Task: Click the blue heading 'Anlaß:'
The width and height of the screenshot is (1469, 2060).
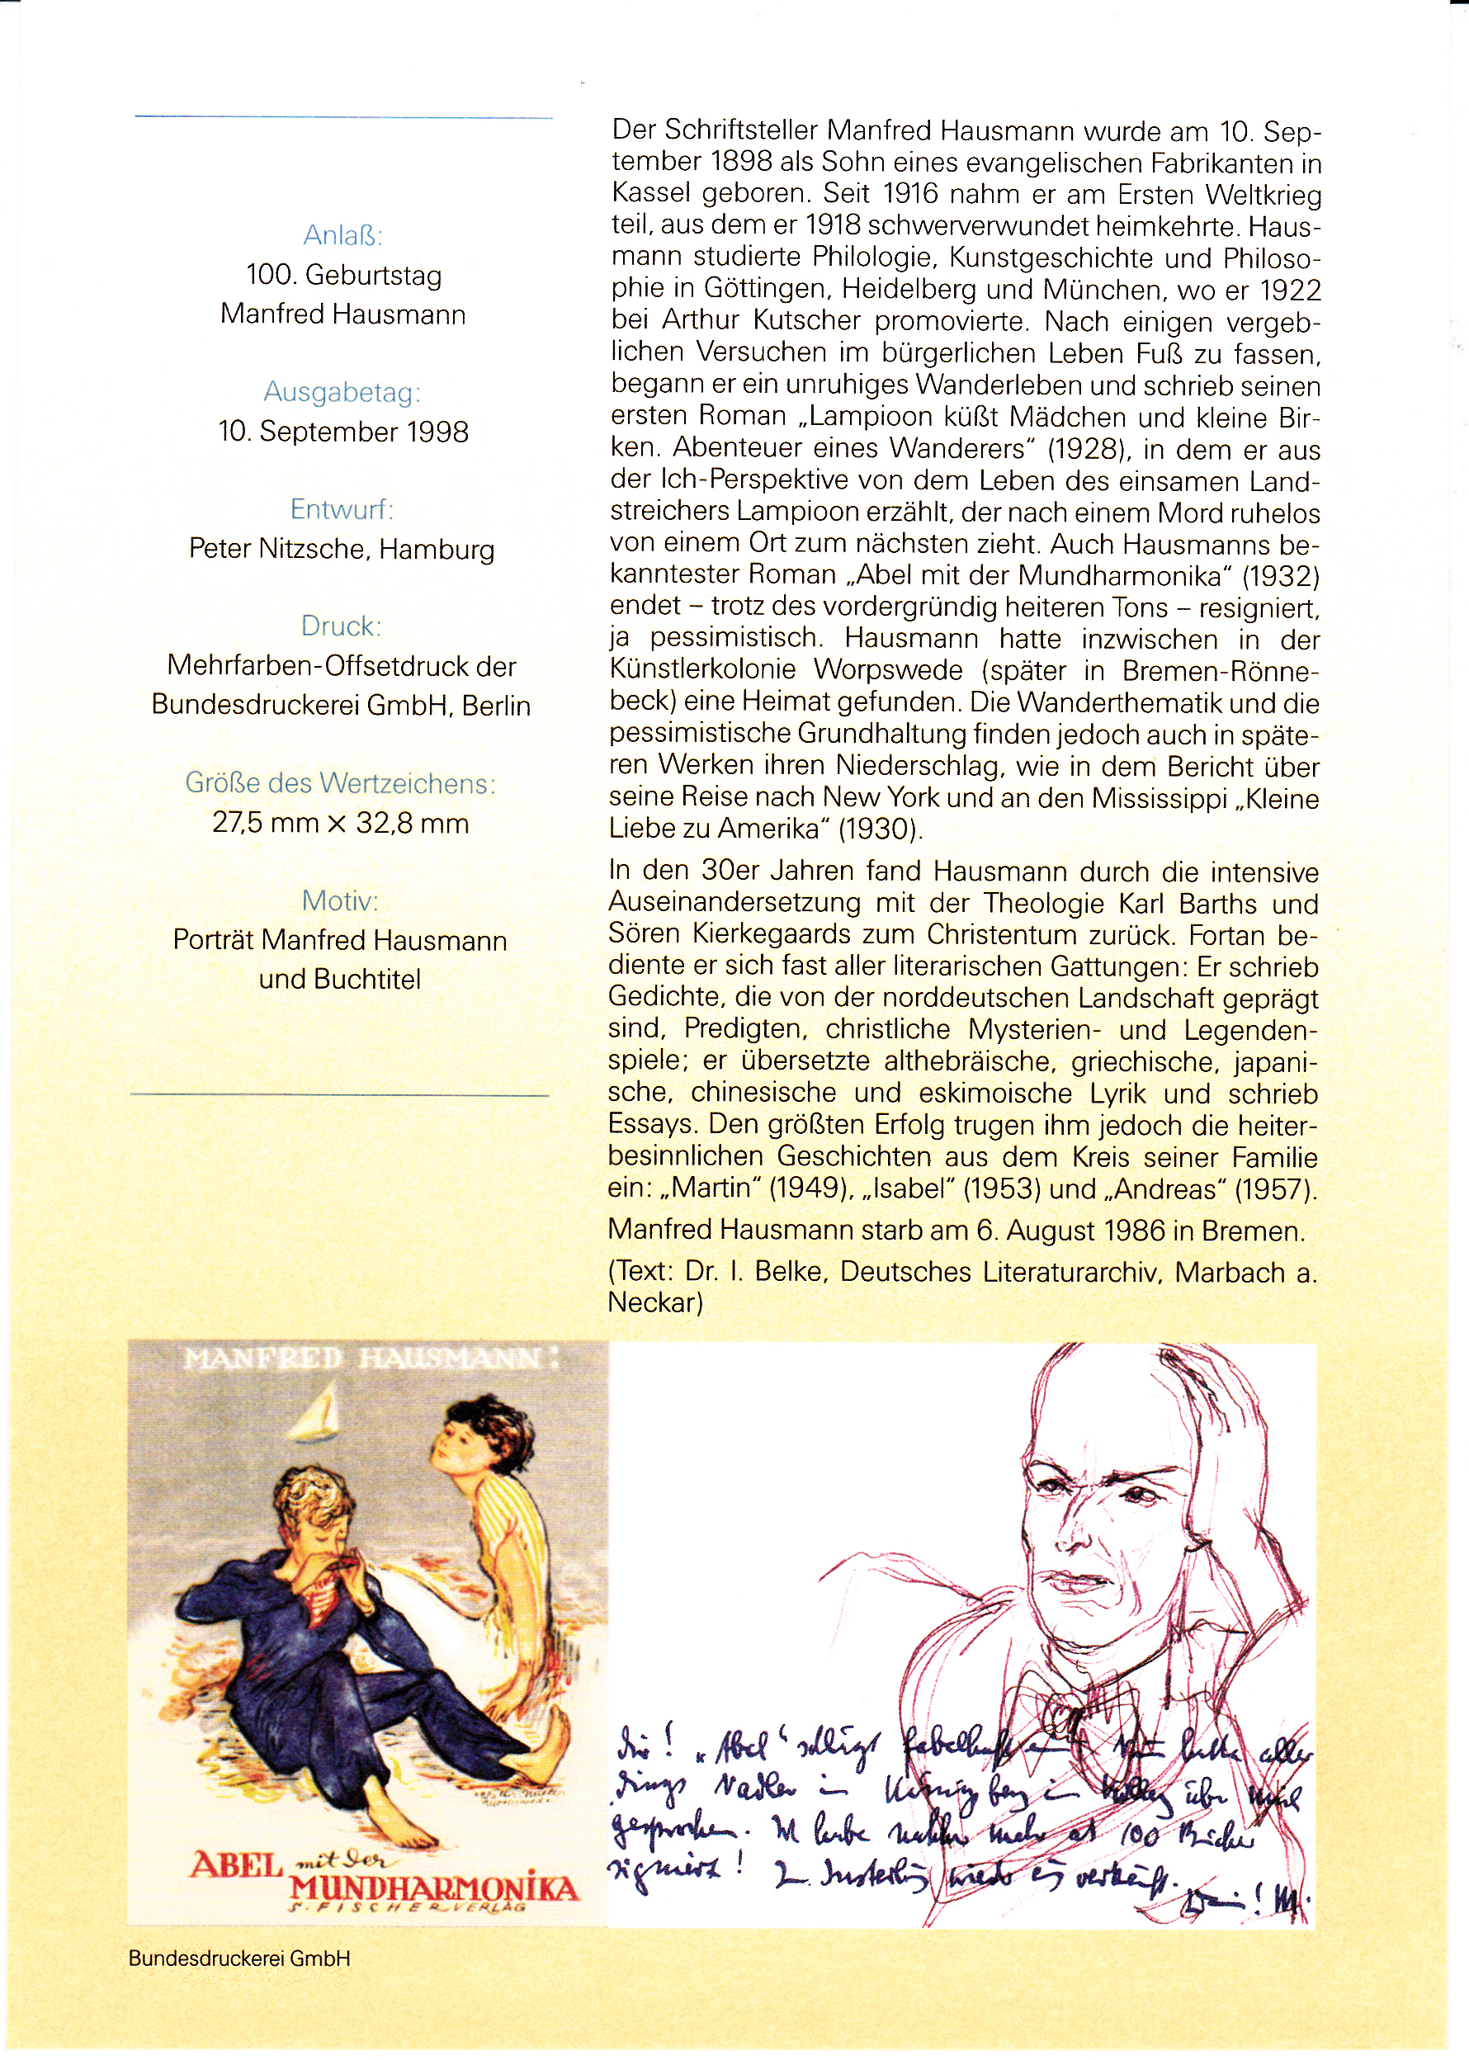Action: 342,235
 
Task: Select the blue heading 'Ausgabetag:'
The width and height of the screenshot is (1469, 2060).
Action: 342,392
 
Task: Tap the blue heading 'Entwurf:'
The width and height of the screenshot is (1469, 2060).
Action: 342,509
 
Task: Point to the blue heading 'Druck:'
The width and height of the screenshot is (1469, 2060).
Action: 341,626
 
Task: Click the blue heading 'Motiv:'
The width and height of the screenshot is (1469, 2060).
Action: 340,900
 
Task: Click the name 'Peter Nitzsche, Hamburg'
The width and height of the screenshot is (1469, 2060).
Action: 341,549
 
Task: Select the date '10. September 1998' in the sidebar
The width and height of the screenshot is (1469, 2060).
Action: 342,432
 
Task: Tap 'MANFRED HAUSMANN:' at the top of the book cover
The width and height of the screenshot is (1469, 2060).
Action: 371,1358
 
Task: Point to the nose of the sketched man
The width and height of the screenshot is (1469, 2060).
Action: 1076,1529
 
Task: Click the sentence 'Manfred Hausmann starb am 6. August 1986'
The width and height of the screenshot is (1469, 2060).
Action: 955,1231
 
